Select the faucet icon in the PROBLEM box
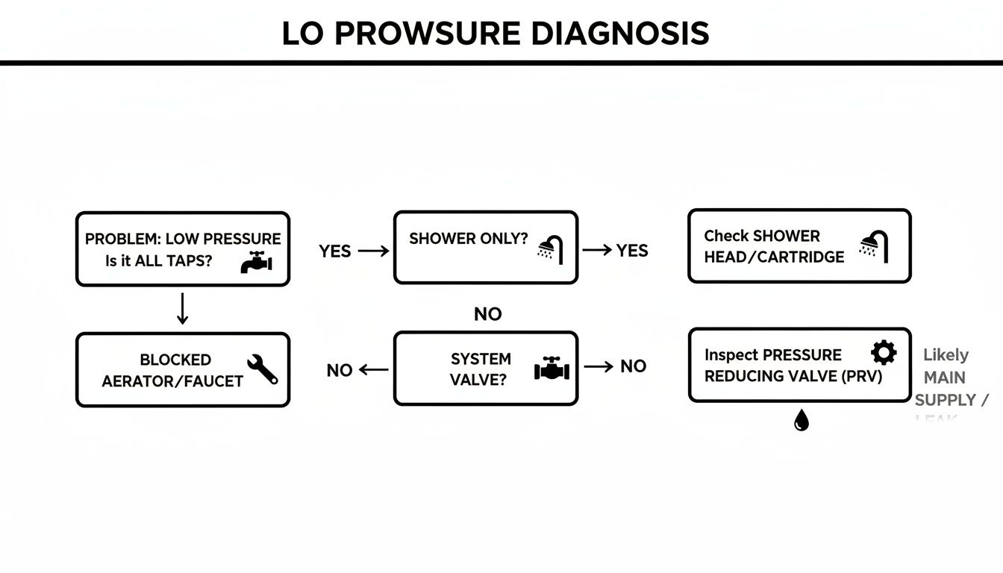click(x=257, y=263)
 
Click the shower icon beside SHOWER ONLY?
click(x=552, y=249)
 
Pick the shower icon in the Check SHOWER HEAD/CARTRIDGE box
click(x=874, y=247)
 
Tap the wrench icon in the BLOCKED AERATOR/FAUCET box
click(x=262, y=369)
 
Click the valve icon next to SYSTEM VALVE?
click(x=552, y=369)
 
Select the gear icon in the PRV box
click(x=884, y=352)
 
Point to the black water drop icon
click(x=801, y=421)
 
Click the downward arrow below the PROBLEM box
click(x=182, y=309)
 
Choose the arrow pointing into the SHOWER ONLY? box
click(x=374, y=251)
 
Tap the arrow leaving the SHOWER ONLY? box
click(x=597, y=251)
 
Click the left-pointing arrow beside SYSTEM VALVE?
click(x=374, y=369)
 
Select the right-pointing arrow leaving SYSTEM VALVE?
click(x=599, y=366)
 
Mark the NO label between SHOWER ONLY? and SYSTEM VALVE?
click(x=487, y=314)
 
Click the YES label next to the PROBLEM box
click(x=334, y=251)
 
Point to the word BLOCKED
click(x=175, y=360)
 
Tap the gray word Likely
click(x=946, y=355)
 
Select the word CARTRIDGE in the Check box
click(x=806, y=257)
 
